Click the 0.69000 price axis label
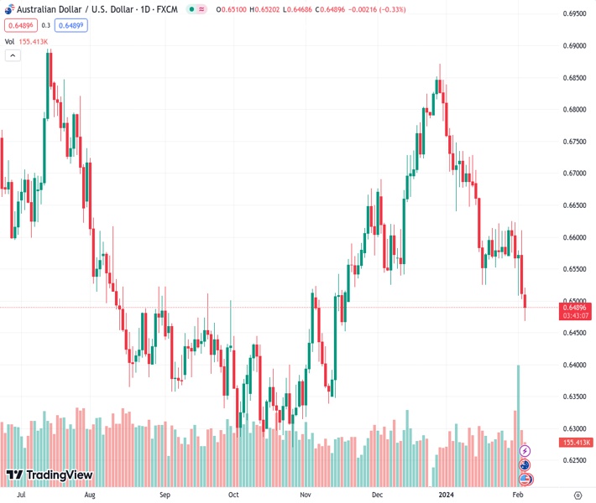point(575,46)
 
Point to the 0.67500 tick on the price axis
point(575,142)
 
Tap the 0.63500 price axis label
point(575,397)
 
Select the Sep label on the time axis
point(165,495)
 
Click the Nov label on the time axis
point(306,495)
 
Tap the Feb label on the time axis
point(517,495)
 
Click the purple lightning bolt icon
point(525,451)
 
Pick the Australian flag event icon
point(525,465)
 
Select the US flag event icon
point(525,479)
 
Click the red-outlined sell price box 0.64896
point(18,25)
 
